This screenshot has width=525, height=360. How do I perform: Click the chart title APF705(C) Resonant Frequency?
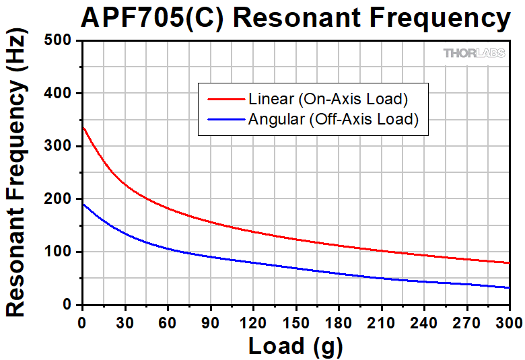295,18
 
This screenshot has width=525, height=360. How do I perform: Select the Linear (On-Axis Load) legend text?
328,99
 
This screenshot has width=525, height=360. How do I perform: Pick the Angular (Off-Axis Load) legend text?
333,120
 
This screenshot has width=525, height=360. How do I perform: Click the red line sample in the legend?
225,99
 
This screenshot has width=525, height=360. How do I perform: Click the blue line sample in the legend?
225,120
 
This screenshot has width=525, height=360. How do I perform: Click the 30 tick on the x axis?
125,321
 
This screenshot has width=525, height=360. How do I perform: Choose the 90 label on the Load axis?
210,321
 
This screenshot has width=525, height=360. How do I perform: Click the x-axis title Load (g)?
295,346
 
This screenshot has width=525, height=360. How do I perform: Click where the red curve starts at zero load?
82,127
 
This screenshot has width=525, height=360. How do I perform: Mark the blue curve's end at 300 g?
509,287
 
